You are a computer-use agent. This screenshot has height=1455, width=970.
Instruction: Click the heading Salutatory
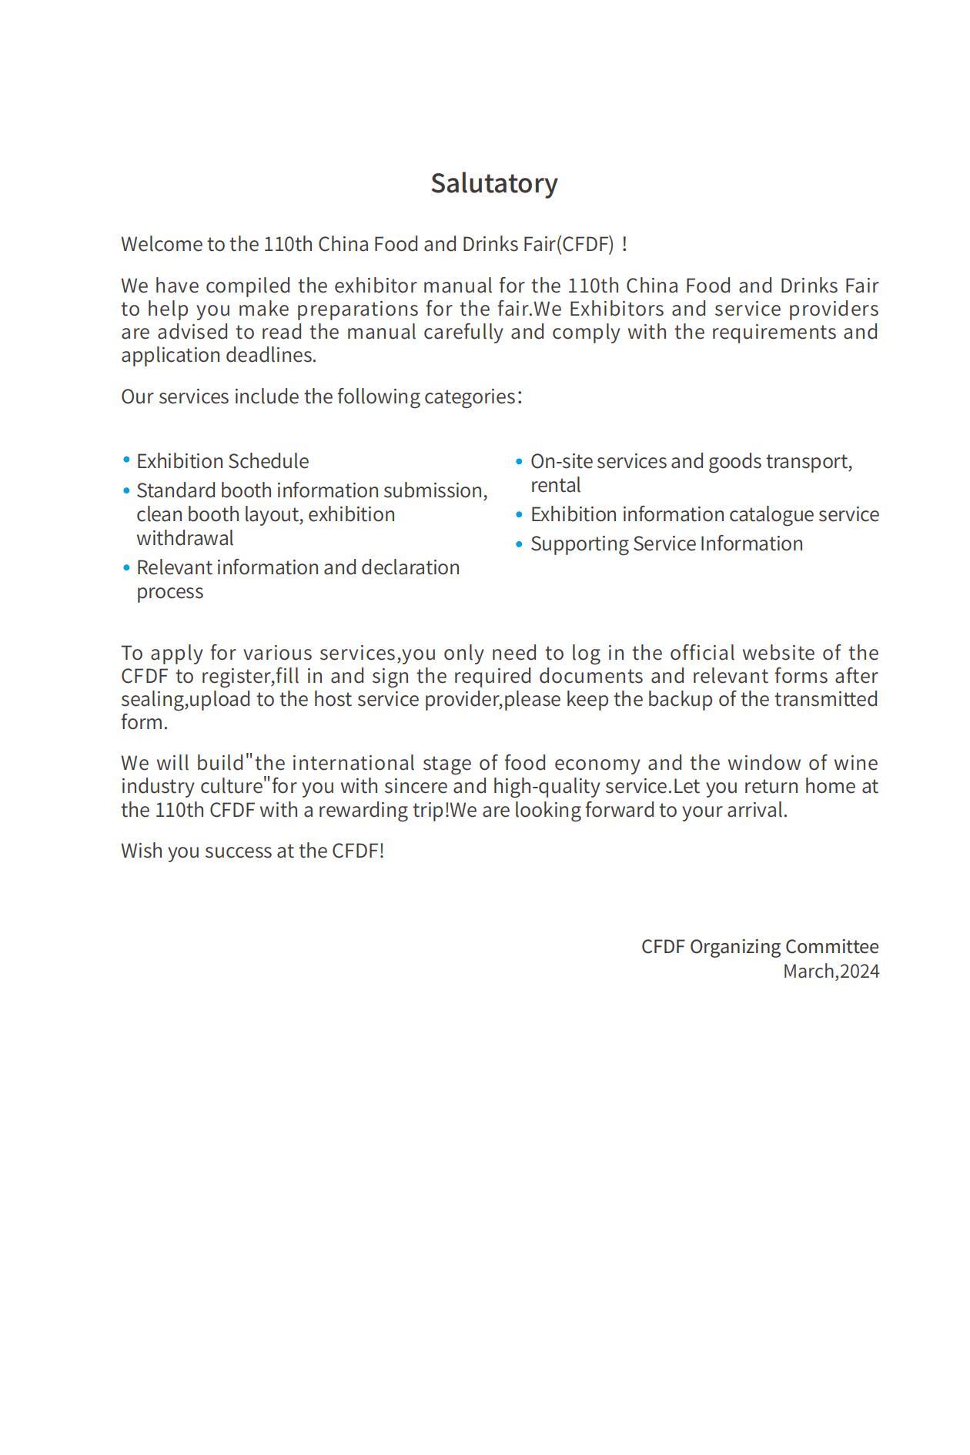click(493, 183)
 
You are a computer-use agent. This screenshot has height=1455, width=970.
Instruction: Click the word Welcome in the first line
click(161, 244)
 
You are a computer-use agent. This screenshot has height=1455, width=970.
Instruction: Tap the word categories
click(470, 396)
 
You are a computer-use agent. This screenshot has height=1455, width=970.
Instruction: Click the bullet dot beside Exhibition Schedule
click(126, 460)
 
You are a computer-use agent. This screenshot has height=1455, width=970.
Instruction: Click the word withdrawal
click(185, 538)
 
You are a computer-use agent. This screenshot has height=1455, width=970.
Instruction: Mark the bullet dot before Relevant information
click(126, 567)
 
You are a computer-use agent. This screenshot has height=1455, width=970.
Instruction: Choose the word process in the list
click(169, 591)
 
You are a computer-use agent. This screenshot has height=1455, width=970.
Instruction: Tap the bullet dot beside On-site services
click(520, 461)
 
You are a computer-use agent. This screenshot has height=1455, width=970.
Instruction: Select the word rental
click(555, 485)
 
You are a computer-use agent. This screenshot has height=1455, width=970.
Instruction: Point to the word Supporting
click(579, 544)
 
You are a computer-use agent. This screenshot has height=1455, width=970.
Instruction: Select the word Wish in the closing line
click(142, 851)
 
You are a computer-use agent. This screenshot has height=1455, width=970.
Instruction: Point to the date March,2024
click(831, 972)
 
